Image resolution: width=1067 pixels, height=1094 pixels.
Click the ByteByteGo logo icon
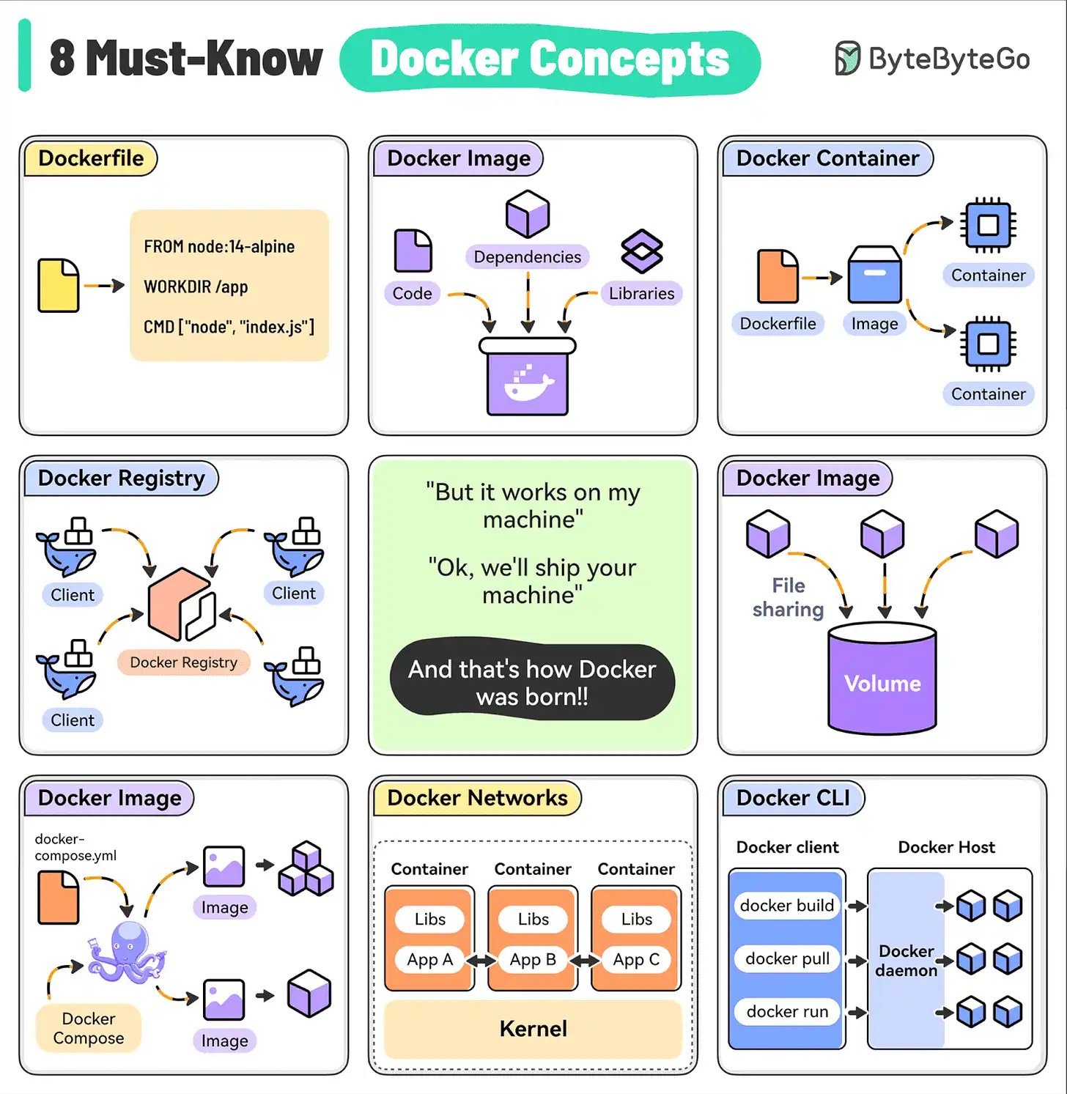[x=847, y=59]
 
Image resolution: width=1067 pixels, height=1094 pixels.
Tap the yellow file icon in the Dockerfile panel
[x=59, y=286]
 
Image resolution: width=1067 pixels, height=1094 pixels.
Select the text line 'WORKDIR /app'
[x=196, y=287]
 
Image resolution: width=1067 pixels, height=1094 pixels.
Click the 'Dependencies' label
[x=527, y=257]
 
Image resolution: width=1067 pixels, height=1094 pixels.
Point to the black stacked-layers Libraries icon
[x=642, y=251]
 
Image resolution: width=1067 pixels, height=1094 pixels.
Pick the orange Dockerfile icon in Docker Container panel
[x=778, y=276]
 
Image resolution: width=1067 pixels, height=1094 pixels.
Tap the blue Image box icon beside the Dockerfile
[x=874, y=276]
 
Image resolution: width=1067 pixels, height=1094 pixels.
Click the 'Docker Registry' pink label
[x=183, y=662]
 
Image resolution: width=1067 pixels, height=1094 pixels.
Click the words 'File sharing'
[x=789, y=597]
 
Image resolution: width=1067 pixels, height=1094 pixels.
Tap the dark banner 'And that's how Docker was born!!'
[x=532, y=681]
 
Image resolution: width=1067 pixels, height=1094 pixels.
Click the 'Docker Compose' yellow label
[x=89, y=1028]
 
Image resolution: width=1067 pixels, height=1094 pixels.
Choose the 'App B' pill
[x=533, y=959]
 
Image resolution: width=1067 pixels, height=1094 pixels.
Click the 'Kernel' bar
[x=533, y=1029]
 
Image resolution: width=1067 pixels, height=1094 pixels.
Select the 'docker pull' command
[x=787, y=958]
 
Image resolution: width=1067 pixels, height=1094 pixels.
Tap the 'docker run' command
[x=787, y=1012]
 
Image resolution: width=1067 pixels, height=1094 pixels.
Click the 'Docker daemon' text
[x=907, y=961]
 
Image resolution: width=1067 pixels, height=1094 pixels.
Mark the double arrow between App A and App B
[x=481, y=960]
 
